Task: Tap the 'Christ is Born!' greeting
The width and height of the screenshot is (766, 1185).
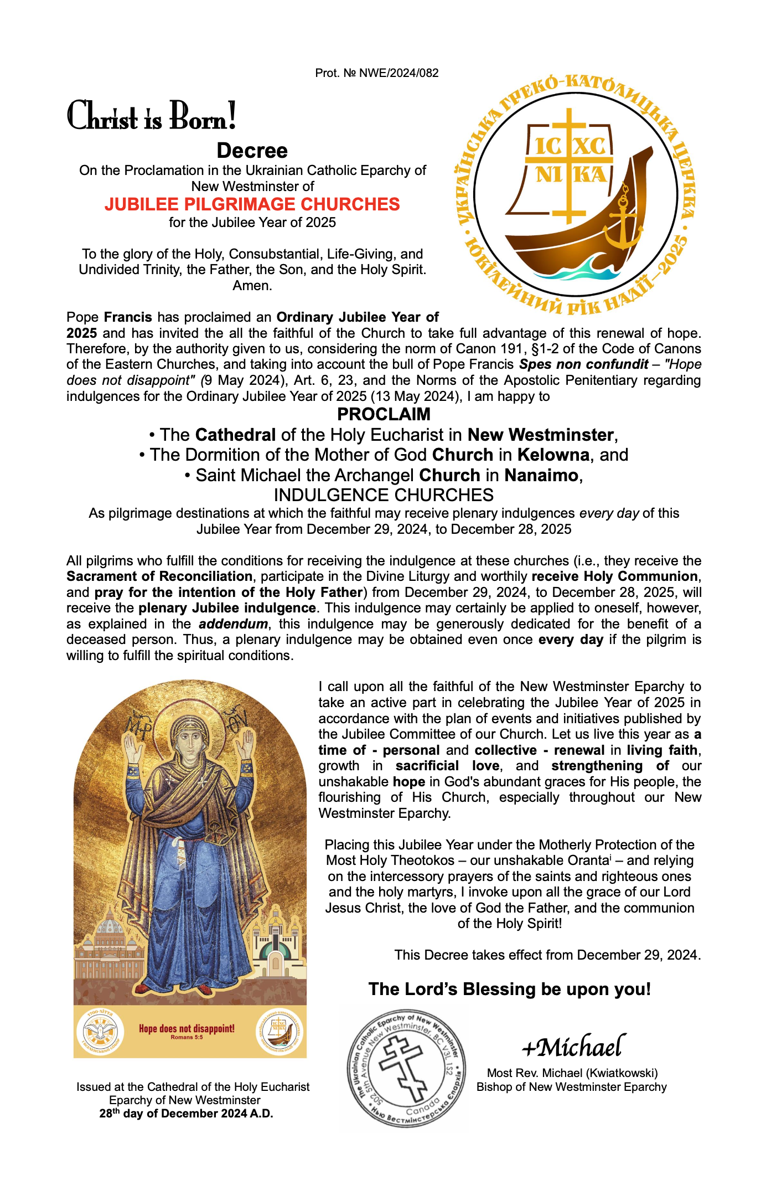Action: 152,117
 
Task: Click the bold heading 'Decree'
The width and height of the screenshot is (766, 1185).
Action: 252,151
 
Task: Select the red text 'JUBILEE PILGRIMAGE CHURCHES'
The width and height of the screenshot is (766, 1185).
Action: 252,204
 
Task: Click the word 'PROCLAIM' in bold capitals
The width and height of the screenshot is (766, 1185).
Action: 384,414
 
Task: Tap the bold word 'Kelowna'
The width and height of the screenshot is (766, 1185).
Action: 553,455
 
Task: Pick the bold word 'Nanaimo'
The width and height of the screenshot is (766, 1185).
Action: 541,475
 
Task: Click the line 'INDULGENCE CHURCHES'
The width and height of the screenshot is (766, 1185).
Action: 384,494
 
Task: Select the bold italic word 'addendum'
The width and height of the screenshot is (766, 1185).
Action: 233,624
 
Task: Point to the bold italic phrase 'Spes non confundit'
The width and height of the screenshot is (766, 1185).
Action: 583,364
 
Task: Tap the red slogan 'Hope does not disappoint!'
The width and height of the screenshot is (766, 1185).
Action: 187,1029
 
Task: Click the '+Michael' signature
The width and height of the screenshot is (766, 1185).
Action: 573,1047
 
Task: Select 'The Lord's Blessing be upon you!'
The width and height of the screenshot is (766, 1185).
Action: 509,989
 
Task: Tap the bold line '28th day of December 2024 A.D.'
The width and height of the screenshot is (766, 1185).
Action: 187,1114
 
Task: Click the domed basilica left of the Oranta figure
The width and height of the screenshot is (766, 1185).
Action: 110,936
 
